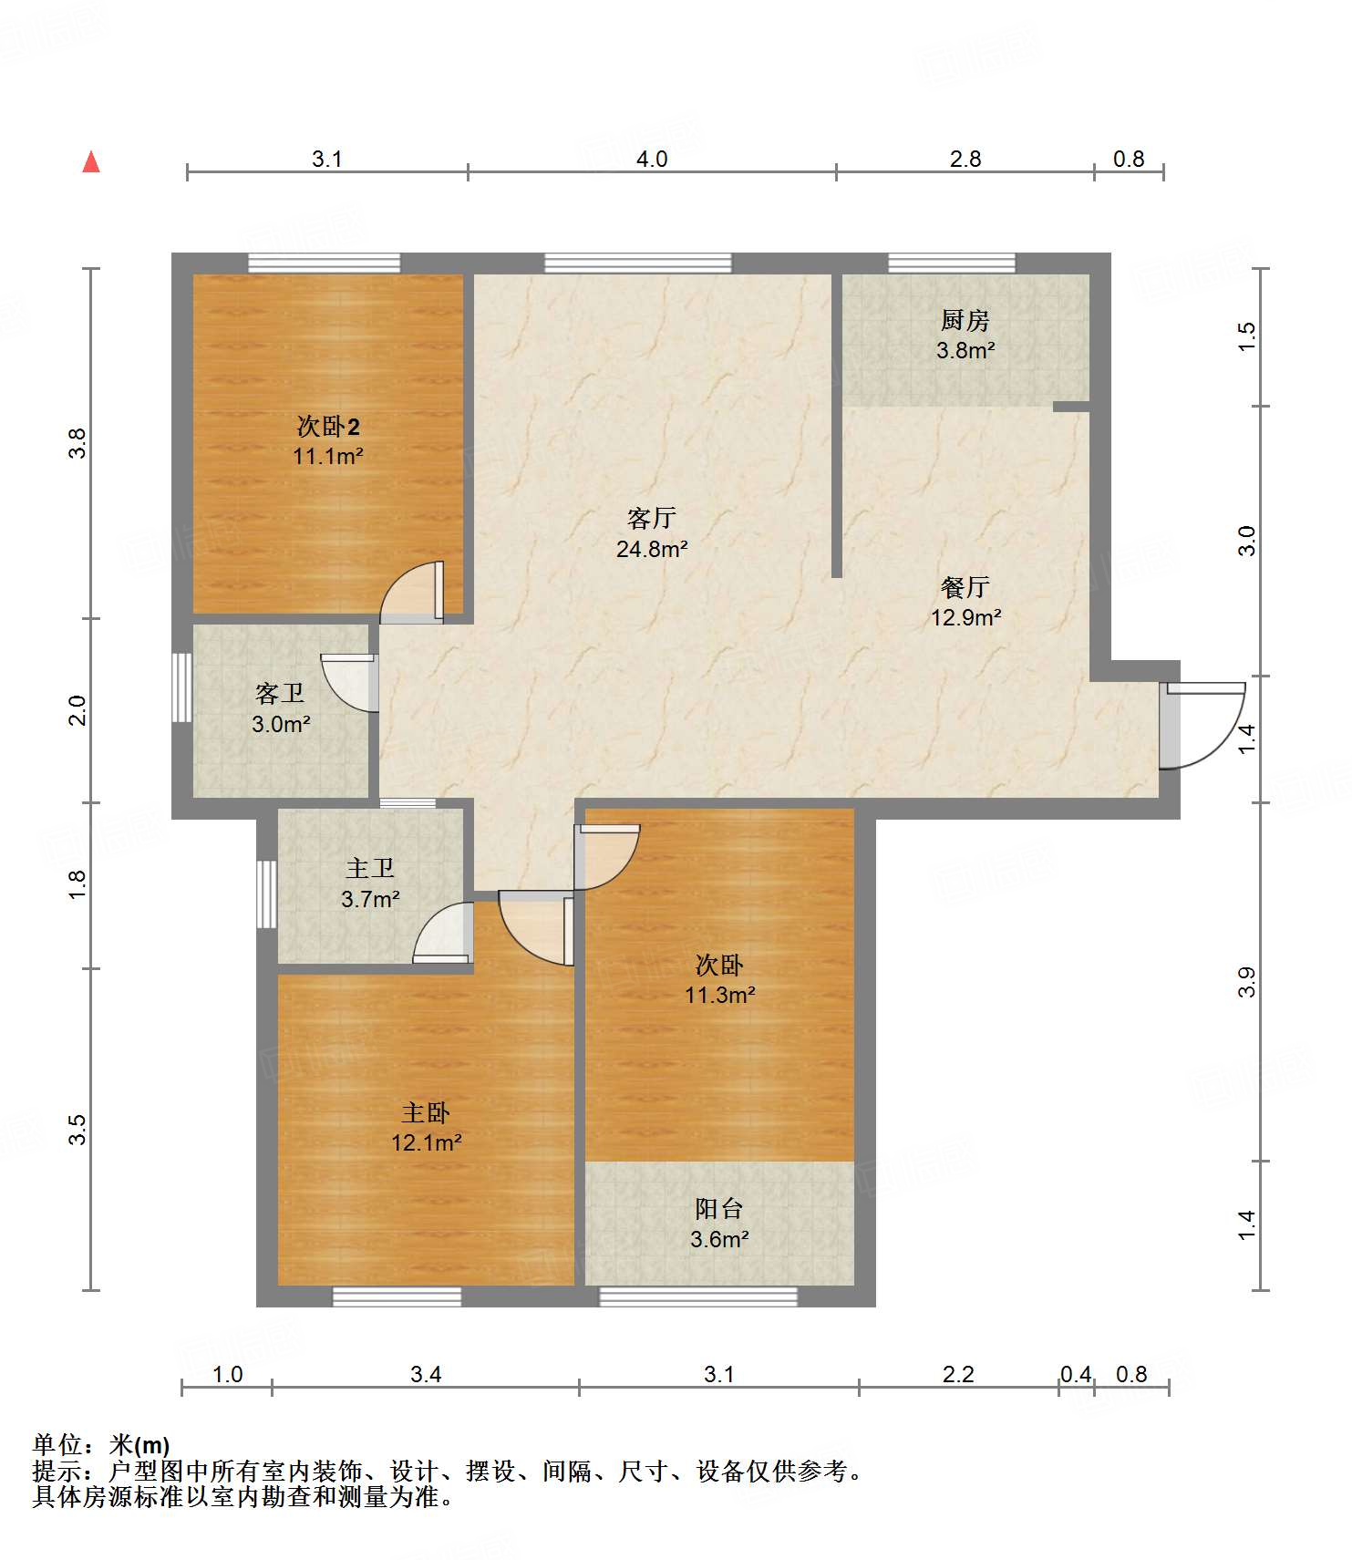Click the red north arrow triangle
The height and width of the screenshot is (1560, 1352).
91,162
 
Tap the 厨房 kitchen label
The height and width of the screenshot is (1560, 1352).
965,321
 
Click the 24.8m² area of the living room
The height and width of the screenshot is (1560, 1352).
652,549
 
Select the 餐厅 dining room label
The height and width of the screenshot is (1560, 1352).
965,587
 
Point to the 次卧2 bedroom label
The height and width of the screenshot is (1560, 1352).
328,426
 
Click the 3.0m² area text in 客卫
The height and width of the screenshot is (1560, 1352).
281,725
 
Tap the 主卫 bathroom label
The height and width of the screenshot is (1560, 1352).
370,869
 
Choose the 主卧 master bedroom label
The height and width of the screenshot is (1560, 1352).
426,1113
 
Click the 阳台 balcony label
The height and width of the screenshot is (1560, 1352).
719,1209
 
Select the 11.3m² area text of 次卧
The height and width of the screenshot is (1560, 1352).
720,995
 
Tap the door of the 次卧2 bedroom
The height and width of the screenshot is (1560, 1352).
412,593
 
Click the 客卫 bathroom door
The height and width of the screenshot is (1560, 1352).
350,683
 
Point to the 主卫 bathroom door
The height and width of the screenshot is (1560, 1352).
444,933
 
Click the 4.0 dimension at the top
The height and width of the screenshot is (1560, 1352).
652,159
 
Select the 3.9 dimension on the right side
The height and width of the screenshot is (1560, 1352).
1246,982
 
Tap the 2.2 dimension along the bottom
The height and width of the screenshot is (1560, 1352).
958,1374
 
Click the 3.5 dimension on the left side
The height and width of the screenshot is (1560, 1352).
78,1130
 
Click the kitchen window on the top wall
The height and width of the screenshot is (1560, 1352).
952,263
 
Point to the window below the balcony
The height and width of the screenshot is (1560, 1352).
698,1297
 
